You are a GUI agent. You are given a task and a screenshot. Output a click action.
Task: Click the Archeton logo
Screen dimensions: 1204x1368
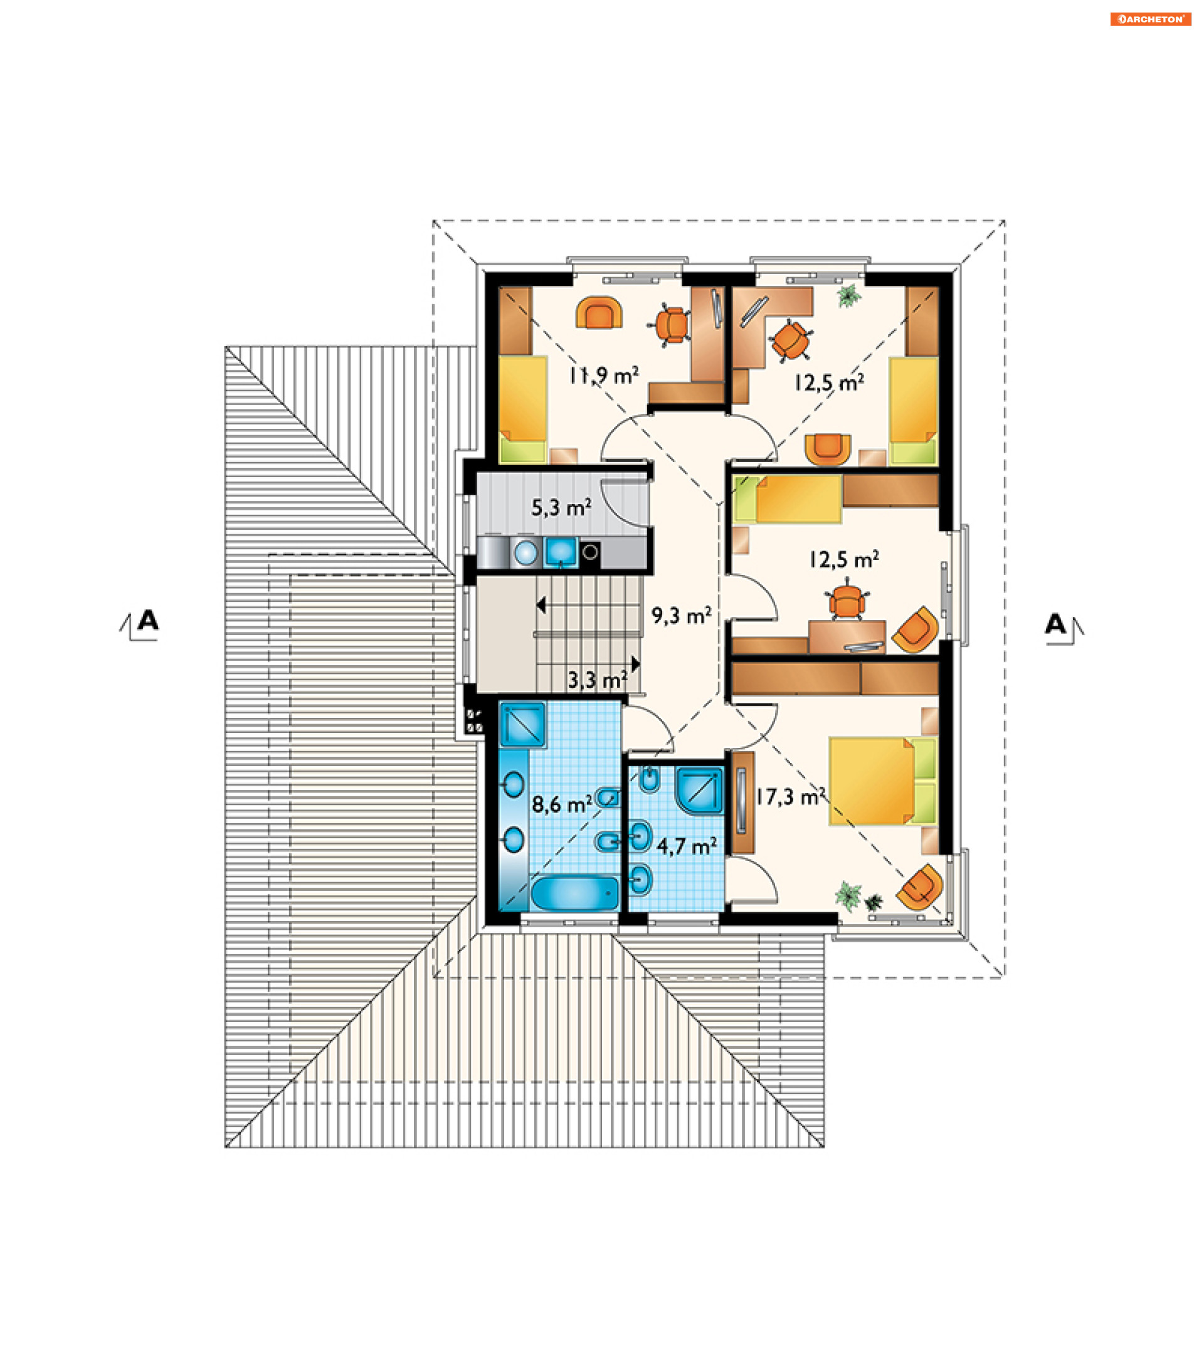coord(1150,19)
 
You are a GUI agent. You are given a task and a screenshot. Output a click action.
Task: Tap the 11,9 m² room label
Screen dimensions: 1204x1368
coord(603,376)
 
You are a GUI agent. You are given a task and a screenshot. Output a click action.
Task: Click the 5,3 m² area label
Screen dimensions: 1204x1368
coord(561,507)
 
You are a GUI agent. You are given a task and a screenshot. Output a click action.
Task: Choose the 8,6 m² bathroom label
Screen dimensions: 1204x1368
coord(561,804)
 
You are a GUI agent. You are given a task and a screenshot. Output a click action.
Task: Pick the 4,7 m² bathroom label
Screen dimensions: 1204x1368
coord(687,846)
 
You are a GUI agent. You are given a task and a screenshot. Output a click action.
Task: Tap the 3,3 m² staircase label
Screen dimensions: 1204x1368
coord(597,681)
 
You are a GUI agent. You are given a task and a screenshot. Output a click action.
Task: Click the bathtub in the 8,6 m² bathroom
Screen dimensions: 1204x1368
coord(575,893)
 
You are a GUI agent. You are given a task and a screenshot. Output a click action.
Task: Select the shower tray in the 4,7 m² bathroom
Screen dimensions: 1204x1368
coord(700,791)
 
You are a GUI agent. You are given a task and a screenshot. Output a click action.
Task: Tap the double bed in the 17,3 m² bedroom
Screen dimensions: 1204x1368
coord(883,781)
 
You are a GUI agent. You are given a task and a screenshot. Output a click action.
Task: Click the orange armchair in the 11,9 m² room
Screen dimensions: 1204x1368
coord(599,313)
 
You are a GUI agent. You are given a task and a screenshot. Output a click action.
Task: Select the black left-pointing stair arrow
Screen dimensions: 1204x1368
coord(541,606)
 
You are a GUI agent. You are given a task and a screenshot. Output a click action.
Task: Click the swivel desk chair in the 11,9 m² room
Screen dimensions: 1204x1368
coord(670,325)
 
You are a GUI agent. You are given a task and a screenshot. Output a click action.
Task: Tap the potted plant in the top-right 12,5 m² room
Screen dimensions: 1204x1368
coord(848,295)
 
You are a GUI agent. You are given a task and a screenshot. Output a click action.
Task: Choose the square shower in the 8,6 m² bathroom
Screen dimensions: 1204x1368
coord(522,723)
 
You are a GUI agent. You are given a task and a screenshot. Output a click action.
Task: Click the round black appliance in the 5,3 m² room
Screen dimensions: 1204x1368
coord(589,552)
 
